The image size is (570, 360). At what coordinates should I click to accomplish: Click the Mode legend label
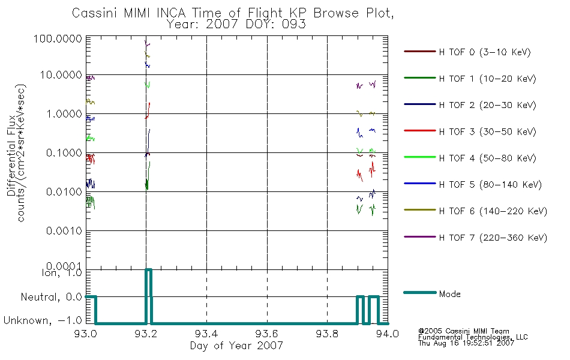(x=449, y=294)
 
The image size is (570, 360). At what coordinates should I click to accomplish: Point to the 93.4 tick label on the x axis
(x=206, y=334)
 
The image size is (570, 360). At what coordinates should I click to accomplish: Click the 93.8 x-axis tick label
(x=327, y=334)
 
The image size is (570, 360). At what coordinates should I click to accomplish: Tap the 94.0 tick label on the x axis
(x=388, y=334)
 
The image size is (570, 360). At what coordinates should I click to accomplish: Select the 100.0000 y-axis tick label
(x=58, y=38)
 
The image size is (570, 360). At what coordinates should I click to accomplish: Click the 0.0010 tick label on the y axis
(x=64, y=231)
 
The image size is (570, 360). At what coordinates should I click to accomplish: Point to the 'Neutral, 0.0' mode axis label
(x=52, y=298)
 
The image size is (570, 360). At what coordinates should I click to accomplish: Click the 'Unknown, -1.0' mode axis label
(x=43, y=321)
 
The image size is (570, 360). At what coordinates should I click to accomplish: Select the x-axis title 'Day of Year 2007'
(x=236, y=346)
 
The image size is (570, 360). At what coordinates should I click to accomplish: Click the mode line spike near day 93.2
(x=148, y=270)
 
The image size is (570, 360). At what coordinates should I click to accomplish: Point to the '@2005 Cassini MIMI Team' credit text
(x=463, y=331)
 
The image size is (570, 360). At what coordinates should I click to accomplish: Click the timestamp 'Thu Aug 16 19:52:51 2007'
(x=466, y=343)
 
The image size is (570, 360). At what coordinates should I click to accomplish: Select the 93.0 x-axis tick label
(x=86, y=334)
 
